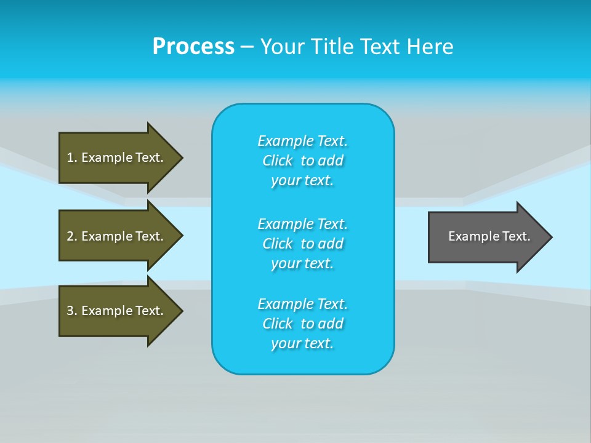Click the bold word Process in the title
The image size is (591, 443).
click(193, 47)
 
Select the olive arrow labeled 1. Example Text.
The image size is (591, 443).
click(117, 158)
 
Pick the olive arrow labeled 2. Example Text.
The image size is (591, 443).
click(117, 236)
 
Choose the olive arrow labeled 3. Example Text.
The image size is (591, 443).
click(117, 311)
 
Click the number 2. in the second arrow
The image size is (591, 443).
click(71, 236)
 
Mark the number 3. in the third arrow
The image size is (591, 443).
click(71, 311)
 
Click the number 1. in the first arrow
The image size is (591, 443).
click(71, 158)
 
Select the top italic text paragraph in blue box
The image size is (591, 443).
click(302, 161)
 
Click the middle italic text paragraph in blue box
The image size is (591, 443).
click(302, 244)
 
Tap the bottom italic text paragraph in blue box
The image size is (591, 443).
click(302, 324)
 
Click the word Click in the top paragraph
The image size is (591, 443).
click(278, 161)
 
